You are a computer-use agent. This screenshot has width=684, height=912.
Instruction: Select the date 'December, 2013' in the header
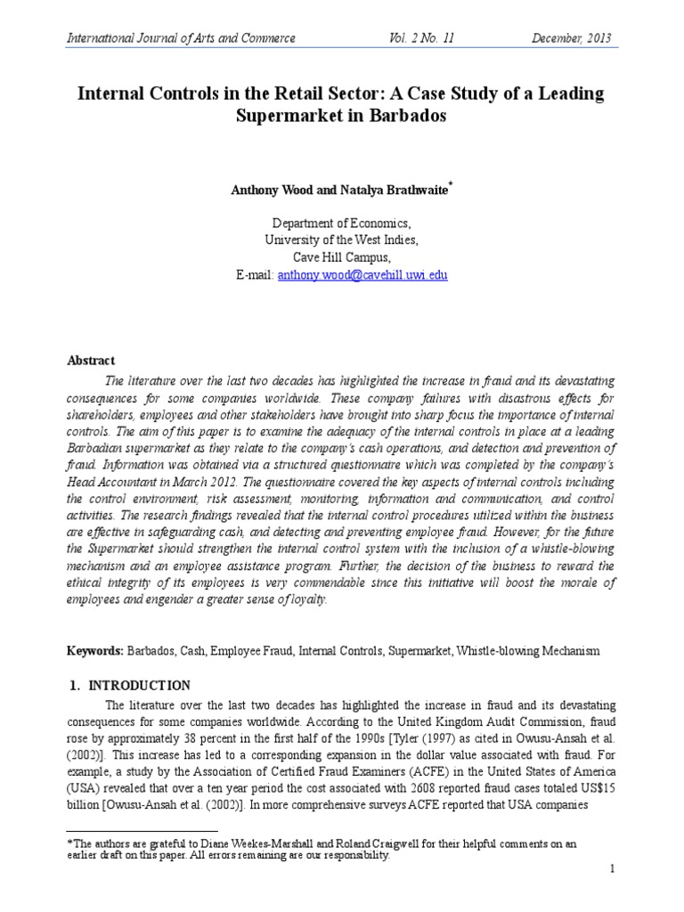coord(572,37)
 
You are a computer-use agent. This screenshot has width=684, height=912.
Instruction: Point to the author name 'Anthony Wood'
coord(270,190)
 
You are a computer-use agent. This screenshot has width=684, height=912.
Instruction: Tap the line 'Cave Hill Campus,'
coord(342,258)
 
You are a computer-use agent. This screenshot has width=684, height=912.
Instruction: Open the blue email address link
coord(362,275)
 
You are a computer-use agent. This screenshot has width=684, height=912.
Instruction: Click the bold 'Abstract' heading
coord(92,361)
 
